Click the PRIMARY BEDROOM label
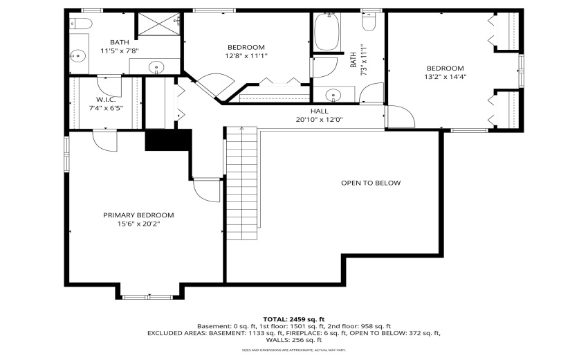(x=138, y=215)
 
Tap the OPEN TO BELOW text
(x=371, y=183)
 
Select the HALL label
(x=320, y=111)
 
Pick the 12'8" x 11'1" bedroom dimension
(x=246, y=56)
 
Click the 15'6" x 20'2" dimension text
(x=138, y=224)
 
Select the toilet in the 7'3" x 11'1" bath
(x=369, y=23)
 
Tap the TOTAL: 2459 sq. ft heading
(x=293, y=318)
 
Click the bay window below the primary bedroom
(x=149, y=296)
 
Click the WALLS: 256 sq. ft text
(x=293, y=340)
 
